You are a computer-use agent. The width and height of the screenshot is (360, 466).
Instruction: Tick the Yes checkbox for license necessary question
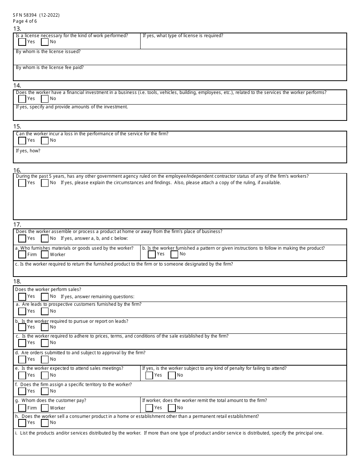click(x=22, y=42)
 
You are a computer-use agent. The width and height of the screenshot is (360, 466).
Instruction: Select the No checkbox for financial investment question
click(x=45, y=99)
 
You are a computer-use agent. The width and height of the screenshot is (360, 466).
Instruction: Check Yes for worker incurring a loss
click(x=22, y=141)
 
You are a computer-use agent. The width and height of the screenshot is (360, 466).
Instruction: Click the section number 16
click(x=17, y=170)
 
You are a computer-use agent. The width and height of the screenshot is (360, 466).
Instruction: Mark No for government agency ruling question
click(x=45, y=183)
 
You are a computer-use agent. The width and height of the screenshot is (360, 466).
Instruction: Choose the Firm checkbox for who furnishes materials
click(x=22, y=255)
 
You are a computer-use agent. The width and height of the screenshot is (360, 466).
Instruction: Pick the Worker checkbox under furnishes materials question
click(x=45, y=255)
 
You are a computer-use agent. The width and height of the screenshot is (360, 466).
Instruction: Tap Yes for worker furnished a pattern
click(x=152, y=254)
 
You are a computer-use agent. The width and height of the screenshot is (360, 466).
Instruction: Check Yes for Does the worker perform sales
click(x=22, y=297)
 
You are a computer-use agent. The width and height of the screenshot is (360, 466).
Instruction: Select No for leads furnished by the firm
click(x=45, y=311)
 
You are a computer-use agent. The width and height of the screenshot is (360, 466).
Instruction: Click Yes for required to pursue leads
click(x=22, y=327)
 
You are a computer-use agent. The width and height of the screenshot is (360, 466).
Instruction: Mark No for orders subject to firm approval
click(x=45, y=360)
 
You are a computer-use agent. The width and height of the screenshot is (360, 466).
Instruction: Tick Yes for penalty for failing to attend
click(x=149, y=375)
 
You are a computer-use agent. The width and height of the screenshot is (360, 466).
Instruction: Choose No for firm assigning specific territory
click(x=45, y=391)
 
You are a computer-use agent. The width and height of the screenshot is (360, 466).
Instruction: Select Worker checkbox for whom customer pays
click(x=45, y=408)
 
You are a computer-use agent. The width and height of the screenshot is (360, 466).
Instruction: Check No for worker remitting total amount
click(x=172, y=408)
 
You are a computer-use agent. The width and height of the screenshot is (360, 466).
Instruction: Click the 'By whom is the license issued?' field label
click(x=48, y=52)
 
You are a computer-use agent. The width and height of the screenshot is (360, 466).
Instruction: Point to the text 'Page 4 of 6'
click(x=25, y=21)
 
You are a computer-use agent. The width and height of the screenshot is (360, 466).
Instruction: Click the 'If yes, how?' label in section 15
click(x=28, y=151)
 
